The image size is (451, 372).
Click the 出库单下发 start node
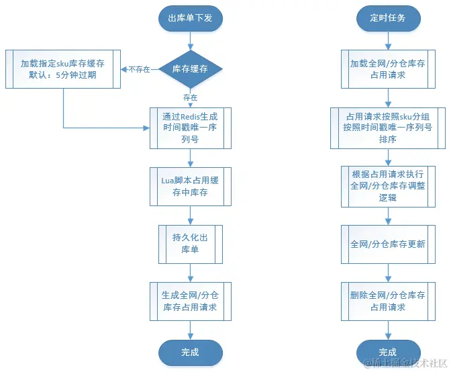[x=190, y=18]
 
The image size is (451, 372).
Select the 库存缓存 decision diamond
[x=190, y=68]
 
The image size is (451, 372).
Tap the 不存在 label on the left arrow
[x=140, y=69]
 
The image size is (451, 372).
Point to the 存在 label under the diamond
[x=190, y=97]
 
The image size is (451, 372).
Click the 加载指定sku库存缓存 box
[x=63, y=68]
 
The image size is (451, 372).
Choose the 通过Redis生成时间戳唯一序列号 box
[x=190, y=127]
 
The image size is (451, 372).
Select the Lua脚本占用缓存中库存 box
[x=190, y=186]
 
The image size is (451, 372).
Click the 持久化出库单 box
[x=190, y=244]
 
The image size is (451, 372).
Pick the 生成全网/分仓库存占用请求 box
[x=190, y=301]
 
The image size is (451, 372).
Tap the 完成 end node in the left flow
[x=190, y=352]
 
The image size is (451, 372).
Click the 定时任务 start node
[x=387, y=18]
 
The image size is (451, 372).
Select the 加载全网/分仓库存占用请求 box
[x=387, y=69]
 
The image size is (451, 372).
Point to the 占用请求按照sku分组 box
[x=387, y=128]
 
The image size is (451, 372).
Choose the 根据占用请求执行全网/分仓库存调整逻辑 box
[x=387, y=186]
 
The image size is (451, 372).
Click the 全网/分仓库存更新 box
[x=387, y=244]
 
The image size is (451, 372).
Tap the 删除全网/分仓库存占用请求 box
[x=387, y=301]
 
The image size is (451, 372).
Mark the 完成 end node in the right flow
[x=387, y=352]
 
